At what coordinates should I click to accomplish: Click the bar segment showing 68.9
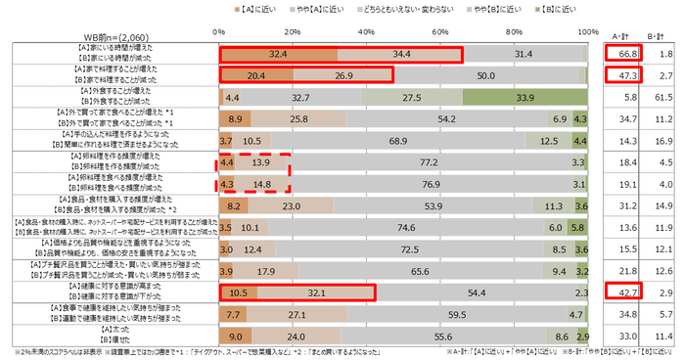coord(399,140)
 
